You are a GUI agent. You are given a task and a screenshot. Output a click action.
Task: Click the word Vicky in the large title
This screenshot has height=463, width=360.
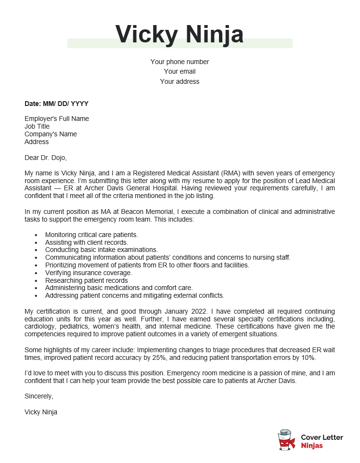pos(145,34)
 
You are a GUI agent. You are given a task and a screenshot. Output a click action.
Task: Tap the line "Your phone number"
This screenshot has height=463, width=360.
pos(180,62)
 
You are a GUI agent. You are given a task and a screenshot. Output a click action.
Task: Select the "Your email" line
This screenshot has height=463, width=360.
pos(180,71)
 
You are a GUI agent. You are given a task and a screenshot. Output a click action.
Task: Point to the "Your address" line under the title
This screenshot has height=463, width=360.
pos(180,81)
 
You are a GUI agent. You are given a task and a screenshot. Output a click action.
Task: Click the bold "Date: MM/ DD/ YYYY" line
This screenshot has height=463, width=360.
pos(56,104)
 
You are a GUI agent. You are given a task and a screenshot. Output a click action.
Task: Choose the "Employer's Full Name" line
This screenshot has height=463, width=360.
pos(57,119)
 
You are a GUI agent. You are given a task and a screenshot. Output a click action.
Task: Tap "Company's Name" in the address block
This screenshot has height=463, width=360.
pos(51,134)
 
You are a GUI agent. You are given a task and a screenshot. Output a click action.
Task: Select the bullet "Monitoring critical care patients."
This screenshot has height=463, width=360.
pos(91,235)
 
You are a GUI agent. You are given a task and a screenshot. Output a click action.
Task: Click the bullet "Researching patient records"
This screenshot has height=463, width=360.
pos(87,280)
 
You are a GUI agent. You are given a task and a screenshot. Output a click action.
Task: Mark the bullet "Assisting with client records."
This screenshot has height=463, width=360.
pos(87,242)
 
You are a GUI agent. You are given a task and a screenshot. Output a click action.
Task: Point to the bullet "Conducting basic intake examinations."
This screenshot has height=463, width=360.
pos(102,250)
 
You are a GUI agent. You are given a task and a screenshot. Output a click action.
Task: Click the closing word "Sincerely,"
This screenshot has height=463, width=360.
pos(39,396)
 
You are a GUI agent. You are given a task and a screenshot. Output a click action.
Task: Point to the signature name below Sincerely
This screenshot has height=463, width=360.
pos(41,412)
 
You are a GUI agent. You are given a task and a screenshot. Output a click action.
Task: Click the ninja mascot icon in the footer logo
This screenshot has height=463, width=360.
pos(287,440)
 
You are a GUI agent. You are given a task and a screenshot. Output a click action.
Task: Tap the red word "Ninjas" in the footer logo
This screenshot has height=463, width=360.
pos(312,446)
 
